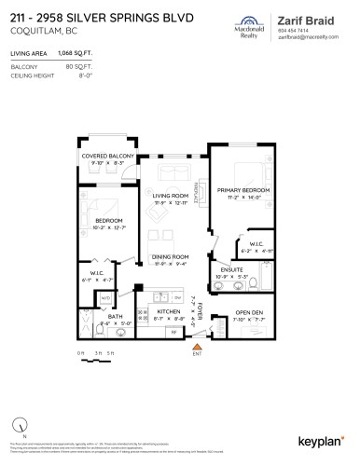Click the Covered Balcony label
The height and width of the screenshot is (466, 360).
[108, 157]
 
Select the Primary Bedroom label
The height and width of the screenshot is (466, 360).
[242, 190]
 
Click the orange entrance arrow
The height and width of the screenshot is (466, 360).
[197, 346]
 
